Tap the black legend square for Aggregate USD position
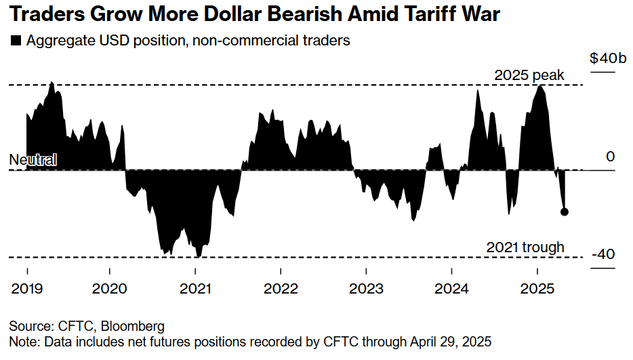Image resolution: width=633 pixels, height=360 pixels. coord(17,41)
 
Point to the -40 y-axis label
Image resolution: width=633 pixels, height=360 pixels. coord(603,255)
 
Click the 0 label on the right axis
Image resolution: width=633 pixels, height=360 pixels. coord(610,157)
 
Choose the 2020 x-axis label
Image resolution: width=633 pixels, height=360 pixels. coord(110,288)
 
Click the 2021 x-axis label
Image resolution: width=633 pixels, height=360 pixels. coord(196,288)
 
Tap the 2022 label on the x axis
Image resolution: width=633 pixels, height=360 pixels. coord(281,288)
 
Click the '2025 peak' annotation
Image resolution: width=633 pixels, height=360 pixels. coord(529,75)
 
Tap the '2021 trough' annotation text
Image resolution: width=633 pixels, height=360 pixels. coord(525,247)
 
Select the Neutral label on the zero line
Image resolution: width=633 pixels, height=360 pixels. coord(33,160)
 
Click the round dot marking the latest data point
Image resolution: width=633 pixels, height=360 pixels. coord(565,212)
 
